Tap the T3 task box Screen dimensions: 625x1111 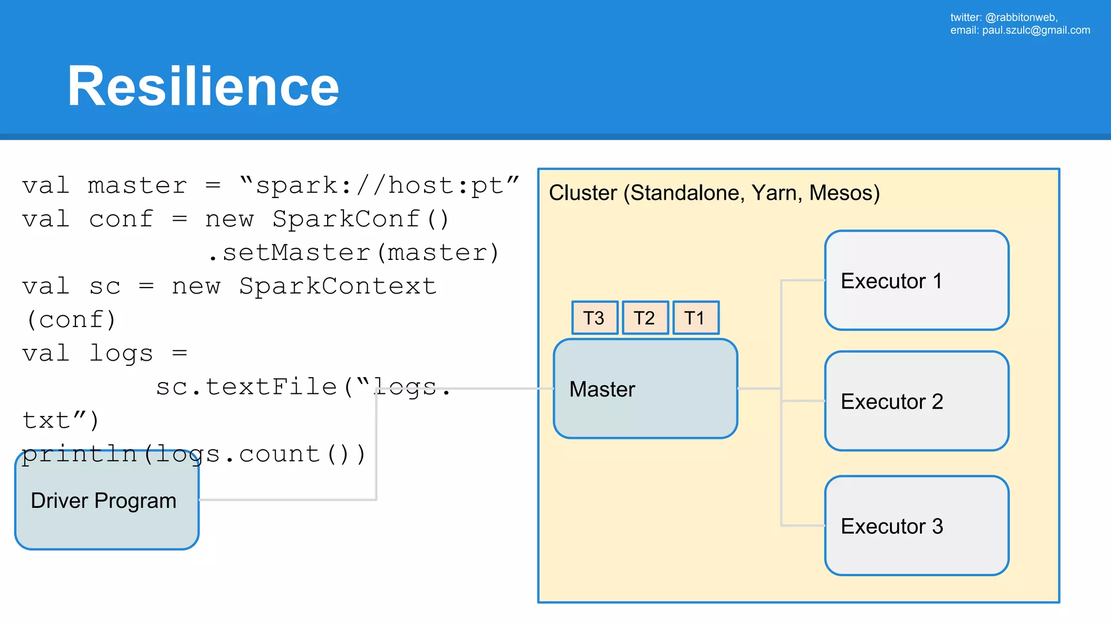(595, 318)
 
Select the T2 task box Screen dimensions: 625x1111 (645, 318)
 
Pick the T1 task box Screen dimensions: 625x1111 (695, 318)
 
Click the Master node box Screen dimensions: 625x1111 (645, 389)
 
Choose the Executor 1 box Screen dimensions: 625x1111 (916, 280)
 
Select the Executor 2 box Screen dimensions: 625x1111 (916, 401)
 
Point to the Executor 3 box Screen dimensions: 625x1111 (916, 526)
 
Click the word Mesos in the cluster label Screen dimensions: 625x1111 (844, 193)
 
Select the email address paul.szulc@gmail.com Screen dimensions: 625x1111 (1036, 30)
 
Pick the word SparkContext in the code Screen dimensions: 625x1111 (337, 286)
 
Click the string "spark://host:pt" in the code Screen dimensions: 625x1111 (379, 186)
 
